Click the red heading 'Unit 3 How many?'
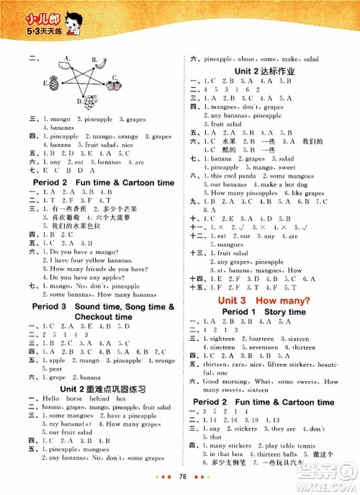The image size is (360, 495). point(260,299)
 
